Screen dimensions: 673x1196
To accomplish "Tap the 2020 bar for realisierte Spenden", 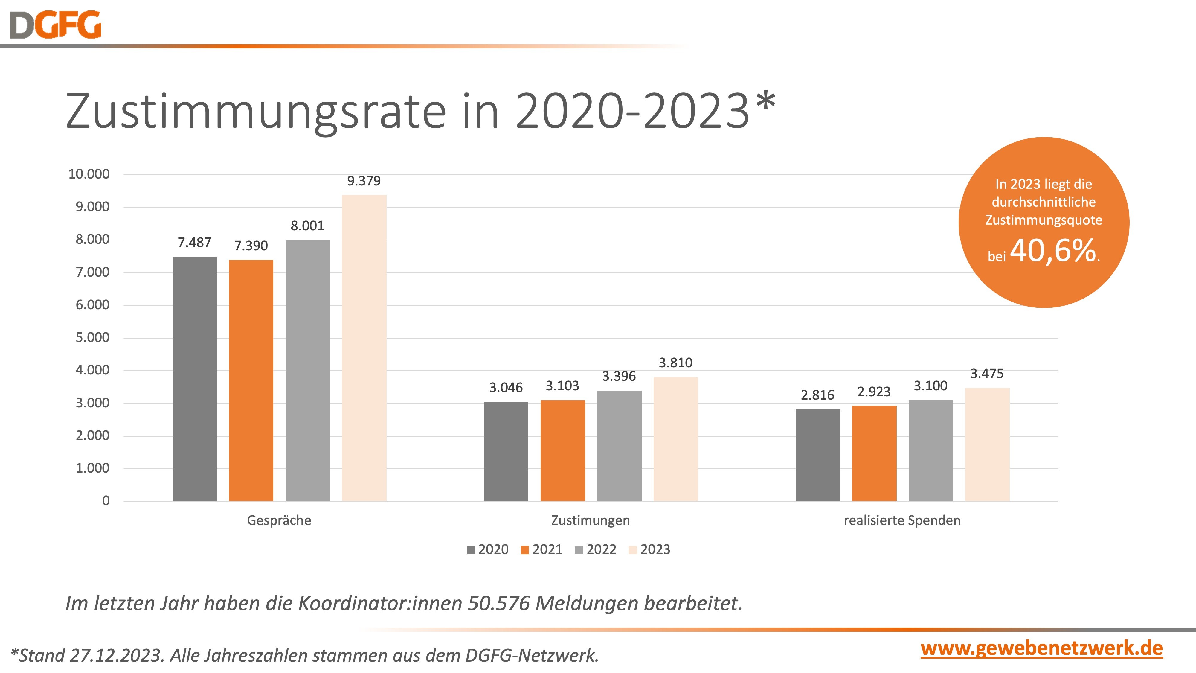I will pyautogui.click(x=817, y=455).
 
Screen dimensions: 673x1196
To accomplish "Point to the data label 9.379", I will pyautogui.click(x=364, y=181).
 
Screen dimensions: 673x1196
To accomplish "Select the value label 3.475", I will pyautogui.click(x=987, y=373).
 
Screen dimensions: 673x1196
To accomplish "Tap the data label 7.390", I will pyautogui.click(x=251, y=246).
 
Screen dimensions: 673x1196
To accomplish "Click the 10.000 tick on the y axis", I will pyautogui.click(x=89, y=174).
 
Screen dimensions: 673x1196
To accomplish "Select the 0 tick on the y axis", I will pyautogui.click(x=106, y=501).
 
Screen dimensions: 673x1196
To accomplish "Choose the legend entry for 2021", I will pyautogui.click(x=542, y=549).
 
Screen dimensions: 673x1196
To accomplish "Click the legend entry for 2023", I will pyautogui.click(x=649, y=549).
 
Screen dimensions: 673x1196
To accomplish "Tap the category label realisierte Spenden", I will pyautogui.click(x=902, y=520).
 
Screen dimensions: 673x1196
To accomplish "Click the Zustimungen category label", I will pyautogui.click(x=590, y=520).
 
